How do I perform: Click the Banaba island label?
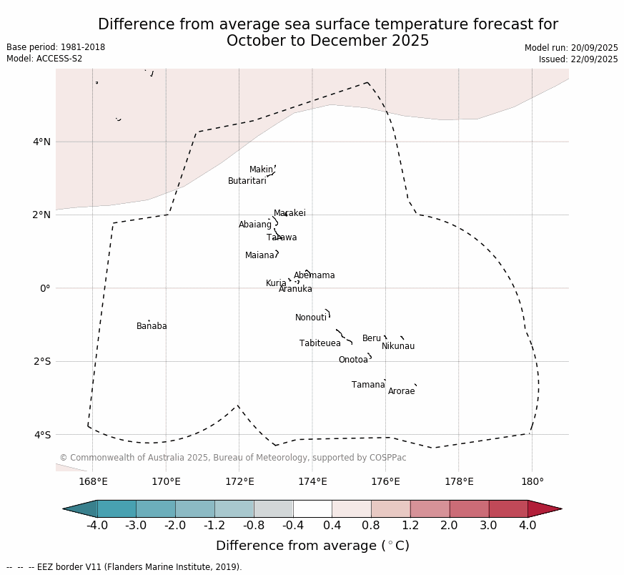[x=152, y=326]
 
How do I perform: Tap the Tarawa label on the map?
[x=282, y=237]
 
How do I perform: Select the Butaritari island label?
[x=247, y=181]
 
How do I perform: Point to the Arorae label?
[x=401, y=391]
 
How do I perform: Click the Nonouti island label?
[x=310, y=318]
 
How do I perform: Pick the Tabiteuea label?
[x=320, y=343]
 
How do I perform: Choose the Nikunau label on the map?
[x=397, y=346]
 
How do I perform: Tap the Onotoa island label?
[x=353, y=360]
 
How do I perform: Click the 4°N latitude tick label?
[x=41, y=142]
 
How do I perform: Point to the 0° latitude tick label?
[x=44, y=288]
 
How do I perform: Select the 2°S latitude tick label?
[x=41, y=361]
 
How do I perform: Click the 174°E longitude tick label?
[x=312, y=481]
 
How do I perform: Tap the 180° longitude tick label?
[x=532, y=481]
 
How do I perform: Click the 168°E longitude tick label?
[x=93, y=481]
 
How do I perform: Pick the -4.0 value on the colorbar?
[x=96, y=526]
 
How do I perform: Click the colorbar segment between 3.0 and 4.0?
[x=508, y=508]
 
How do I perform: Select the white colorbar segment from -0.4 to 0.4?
[x=312, y=508]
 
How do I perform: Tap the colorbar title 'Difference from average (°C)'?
[x=312, y=546]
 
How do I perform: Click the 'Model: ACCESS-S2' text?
[x=44, y=59]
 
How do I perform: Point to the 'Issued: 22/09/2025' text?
[x=578, y=59]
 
